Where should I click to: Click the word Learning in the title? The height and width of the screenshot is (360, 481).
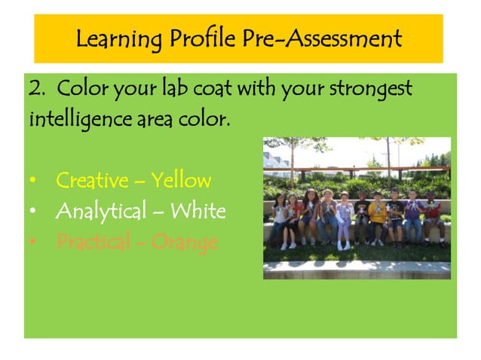coord(115,38)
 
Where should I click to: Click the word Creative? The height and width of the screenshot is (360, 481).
coord(90,181)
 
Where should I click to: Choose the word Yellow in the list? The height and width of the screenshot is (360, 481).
coord(180,182)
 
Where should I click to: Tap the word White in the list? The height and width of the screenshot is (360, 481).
coord(198,212)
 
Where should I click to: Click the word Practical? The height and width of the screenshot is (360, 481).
coord(93,243)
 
